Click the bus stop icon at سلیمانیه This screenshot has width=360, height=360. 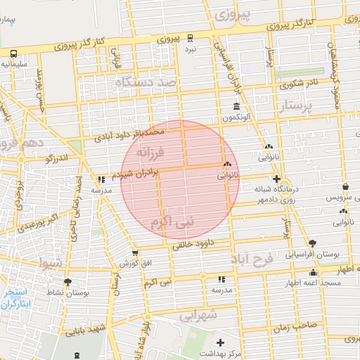point(15,53)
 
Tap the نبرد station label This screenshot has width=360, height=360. point(191,50)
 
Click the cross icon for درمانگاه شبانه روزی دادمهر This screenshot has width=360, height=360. point(277,179)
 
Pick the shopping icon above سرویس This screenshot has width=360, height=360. point(345,187)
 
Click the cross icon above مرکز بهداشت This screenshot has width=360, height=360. point(221,342)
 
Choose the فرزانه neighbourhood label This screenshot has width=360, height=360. point(150,152)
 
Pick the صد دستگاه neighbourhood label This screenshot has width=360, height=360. point(149,83)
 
